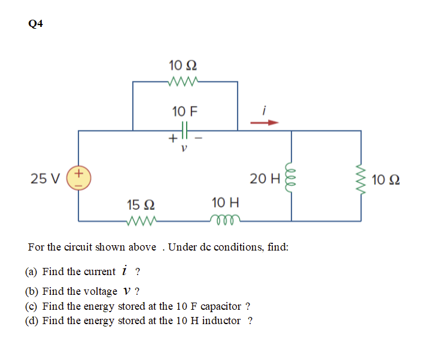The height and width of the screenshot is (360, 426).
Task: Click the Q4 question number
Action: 35,24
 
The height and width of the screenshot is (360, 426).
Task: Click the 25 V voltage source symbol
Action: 79,178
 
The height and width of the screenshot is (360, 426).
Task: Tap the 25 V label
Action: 45,178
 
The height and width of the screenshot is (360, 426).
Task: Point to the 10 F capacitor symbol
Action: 185,129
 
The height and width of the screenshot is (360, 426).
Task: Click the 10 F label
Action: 185,111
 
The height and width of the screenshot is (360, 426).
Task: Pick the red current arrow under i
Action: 264,123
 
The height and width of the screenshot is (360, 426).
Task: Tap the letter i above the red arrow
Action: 264,109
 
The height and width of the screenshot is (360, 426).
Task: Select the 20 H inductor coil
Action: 292,178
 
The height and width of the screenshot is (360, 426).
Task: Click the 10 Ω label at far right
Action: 386,179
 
